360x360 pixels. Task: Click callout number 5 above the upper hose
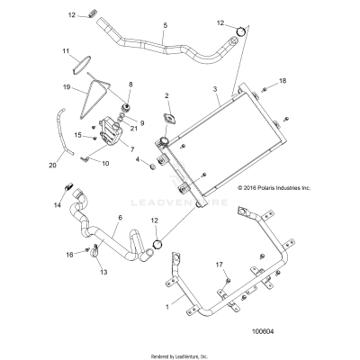(165, 28)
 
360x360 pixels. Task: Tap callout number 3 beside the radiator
(215, 88)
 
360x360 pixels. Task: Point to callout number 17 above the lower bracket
(219, 265)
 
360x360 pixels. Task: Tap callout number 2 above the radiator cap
(166, 95)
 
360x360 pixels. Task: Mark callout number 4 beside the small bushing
(138, 159)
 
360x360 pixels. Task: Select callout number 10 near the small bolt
(104, 163)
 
